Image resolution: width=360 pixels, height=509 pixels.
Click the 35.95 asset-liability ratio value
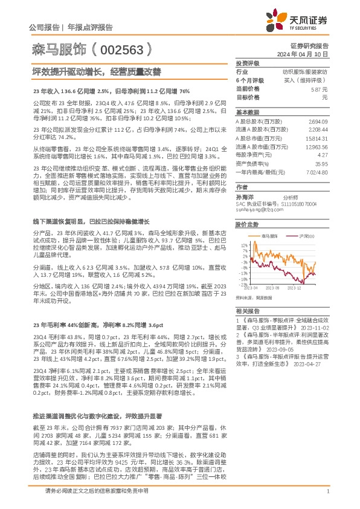pyautogui.click(x=321, y=163)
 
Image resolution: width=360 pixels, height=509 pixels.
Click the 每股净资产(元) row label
pyautogui.click(x=252, y=155)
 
